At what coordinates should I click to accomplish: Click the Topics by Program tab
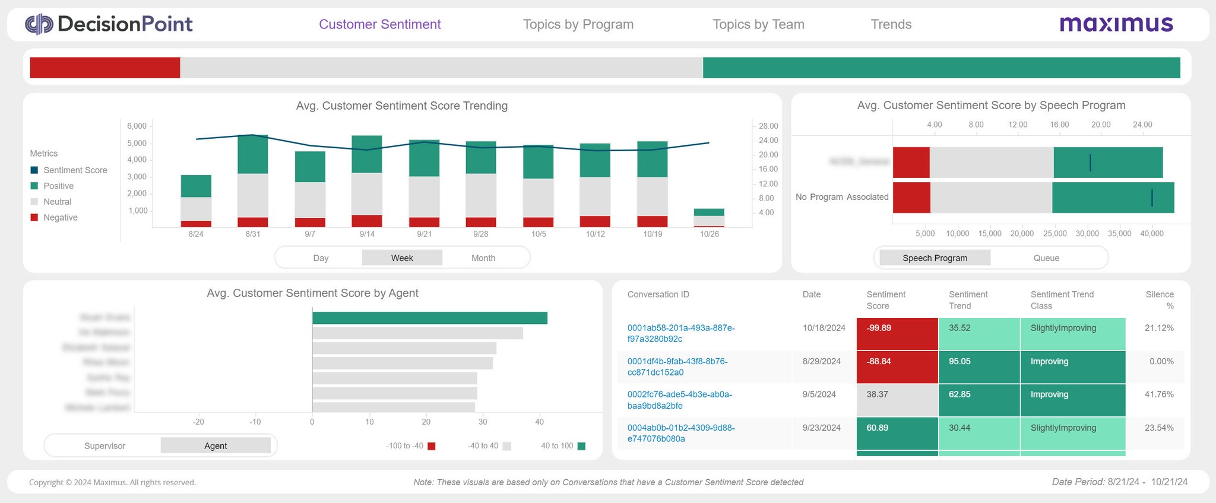coord(578,24)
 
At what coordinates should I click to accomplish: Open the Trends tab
coord(891,24)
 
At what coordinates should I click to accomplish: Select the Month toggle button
coord(483,258)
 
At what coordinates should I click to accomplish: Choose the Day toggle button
coord(321,258)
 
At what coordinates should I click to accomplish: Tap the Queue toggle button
coord(1046,258)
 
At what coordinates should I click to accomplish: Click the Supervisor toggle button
coord(104,446)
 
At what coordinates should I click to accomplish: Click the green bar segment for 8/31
coord(253,154)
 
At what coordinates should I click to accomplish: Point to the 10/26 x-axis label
coord(709,234)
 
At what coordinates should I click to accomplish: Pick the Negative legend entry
coord(60,218)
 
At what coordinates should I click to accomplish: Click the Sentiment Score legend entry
coord(75,170)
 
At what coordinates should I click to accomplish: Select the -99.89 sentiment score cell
coord(897,333)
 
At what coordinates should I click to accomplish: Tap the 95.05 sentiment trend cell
coord(979,367)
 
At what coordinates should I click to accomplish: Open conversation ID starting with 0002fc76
coord(680,400)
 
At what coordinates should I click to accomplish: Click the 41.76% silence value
coord(1159,394)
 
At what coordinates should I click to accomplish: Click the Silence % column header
coord(1160,300)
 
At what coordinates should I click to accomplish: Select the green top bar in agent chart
coord(429,318)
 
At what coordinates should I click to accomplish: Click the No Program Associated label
coord(842,197)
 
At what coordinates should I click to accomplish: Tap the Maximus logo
coord(1116,24)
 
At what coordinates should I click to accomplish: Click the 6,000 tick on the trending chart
coord(137,126)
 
